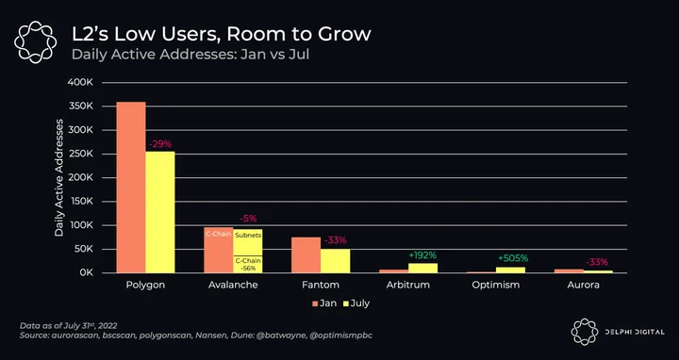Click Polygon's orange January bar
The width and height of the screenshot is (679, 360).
[131, 188]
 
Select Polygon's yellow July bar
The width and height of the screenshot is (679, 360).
[160, 212]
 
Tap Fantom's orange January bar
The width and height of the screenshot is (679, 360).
[306, 254]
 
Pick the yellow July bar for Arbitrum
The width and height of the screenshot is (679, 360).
[422, 268]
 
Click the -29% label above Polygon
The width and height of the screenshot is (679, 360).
[159, 144]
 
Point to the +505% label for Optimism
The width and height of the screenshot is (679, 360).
[513, 258]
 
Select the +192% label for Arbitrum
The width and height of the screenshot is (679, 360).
[422, 255]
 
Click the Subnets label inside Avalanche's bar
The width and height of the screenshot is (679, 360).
[248, 236]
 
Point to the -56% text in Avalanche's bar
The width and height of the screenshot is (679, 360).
[248, 269]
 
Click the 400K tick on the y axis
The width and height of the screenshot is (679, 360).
[80, 82]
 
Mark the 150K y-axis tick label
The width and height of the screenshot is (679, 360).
[81, 201]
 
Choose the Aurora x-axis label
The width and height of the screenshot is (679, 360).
[584, 285]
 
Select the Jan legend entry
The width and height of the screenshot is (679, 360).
[323, 303]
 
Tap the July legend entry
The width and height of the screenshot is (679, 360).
[356, 303]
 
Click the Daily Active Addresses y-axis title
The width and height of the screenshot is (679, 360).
[58, 177]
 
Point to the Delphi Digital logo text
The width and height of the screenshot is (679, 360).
[635, 332]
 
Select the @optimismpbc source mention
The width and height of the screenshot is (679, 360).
[341, 335]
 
